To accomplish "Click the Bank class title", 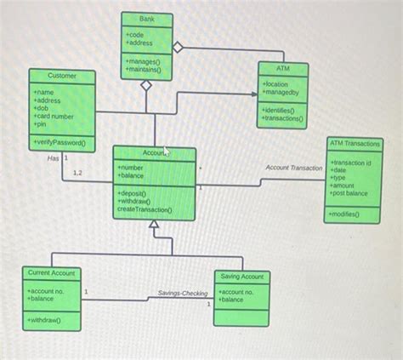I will (x=147, y=19).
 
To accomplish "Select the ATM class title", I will (x=283, y=66).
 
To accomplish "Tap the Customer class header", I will (x=62, y=77).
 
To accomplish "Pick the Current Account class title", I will (x=51, y=273).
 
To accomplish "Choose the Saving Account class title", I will (x=241, y=277).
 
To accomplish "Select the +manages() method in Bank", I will (x=142, y=62).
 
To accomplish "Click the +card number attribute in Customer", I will (x=54, y=116).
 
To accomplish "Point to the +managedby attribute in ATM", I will (x=281, y=92).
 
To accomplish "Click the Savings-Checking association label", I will (x=183, y=294).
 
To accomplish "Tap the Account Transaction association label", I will (x=294, y=168).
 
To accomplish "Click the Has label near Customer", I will (x=53, y=158).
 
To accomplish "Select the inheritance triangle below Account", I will (x=154, y=226).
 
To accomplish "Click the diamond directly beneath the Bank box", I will (x=146, y=85).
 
